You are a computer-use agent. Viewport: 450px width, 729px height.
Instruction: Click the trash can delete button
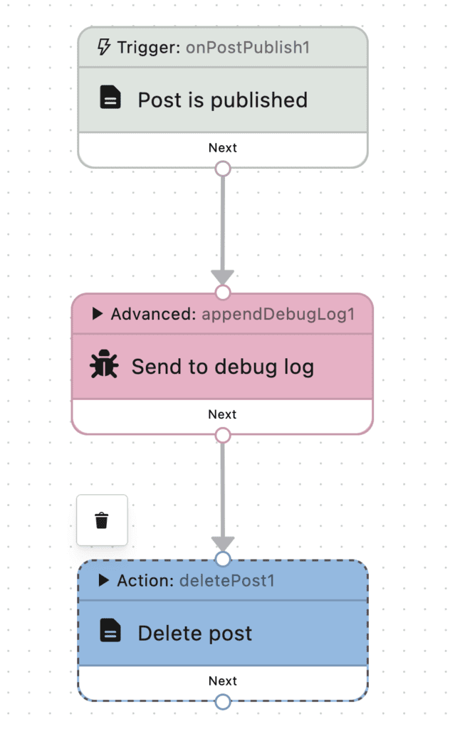(102, 520)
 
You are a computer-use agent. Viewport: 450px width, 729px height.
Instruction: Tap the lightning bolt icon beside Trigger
(104, 48)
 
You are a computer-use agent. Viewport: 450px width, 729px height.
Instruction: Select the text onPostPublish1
(248, 48)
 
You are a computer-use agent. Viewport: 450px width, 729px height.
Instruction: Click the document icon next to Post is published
(110, 99)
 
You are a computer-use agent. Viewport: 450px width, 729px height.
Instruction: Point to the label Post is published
(222, 100)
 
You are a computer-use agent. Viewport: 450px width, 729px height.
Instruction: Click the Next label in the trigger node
(223, 148)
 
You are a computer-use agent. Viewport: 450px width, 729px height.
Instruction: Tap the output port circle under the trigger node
(223, 169)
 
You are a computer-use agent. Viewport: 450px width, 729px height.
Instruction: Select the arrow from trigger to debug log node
(223, 228)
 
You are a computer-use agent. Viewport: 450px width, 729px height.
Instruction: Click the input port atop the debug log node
(223, 293)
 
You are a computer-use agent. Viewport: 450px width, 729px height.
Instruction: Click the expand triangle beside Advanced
(98, 314)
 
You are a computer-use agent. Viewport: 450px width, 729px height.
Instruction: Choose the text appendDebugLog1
(278, 314)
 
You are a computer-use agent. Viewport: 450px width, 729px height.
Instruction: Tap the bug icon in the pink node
(104, 366)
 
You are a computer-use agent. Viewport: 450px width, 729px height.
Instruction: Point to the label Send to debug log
(222, 367)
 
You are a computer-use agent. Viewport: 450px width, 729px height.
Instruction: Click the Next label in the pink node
(223, 414)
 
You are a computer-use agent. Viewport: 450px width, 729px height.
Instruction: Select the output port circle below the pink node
(223, 435)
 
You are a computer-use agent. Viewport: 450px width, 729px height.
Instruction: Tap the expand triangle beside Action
(104, 580)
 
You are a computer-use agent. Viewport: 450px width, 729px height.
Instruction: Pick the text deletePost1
(227, 580)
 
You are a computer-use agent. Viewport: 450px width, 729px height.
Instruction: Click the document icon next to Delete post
(110, 632)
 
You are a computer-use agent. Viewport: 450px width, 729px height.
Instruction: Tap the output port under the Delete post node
(223, 702)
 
